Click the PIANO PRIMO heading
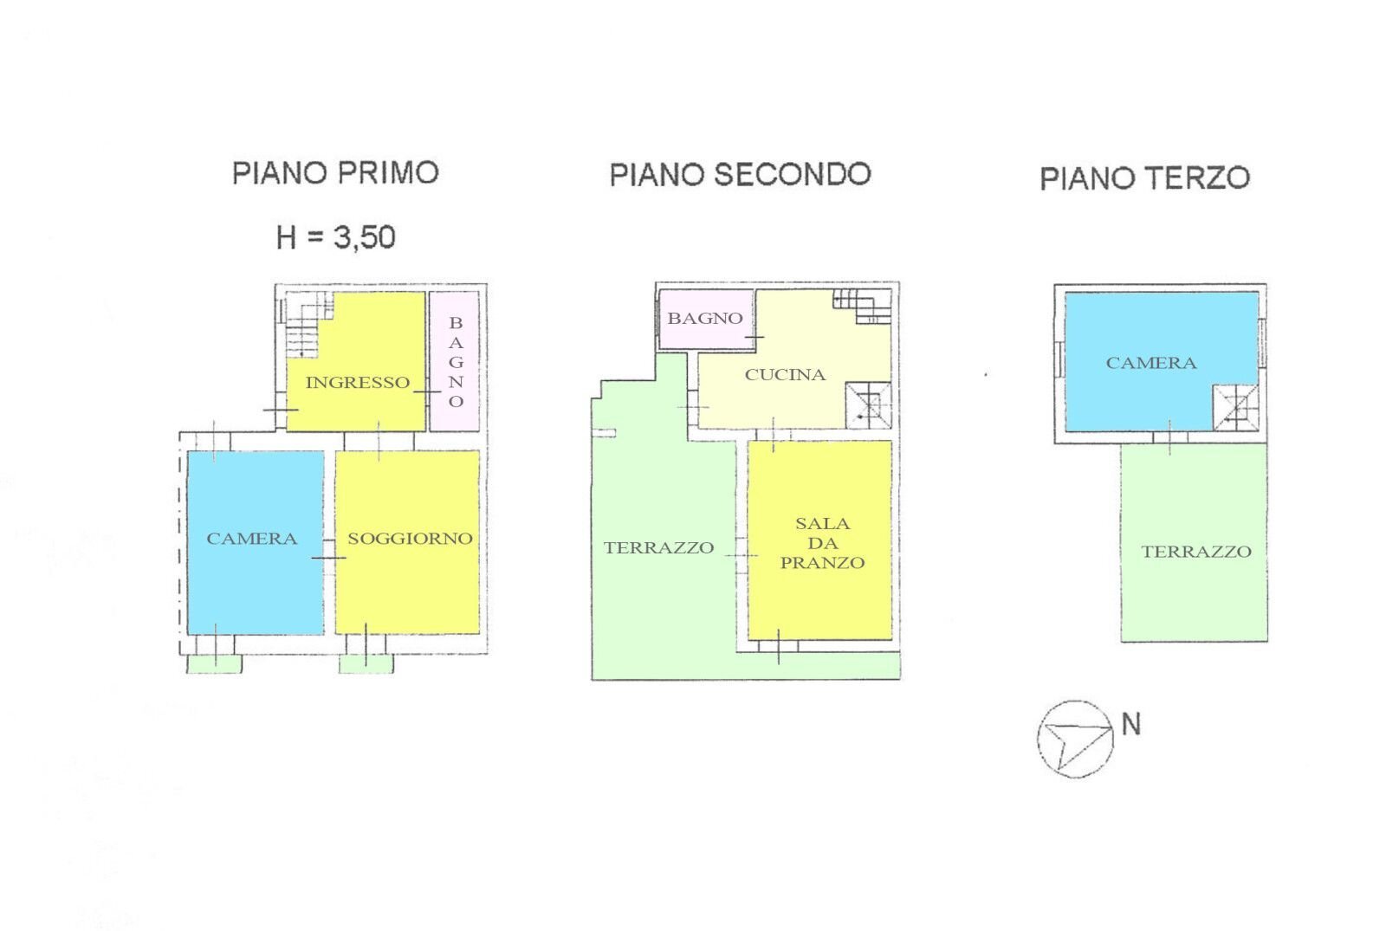click(335, 172)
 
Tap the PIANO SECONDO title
click(740, 174)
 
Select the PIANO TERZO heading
click(1144, 178)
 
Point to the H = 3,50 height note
click(336, 236)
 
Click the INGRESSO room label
click(357, 382)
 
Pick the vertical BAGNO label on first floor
click(456, 361)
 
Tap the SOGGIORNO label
click(410, 538)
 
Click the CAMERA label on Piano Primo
click(251, 538)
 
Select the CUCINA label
click(785, 374)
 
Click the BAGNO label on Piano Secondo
click(704, 318)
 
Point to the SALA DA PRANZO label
click(822, 543)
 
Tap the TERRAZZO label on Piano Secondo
click(658, 547)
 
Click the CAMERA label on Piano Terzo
click(1150, 363)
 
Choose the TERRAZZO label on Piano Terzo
click(1195, 551)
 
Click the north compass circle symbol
click(1075, 738)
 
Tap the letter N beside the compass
click(1130, 723)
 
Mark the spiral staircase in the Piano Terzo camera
click(1235, 407)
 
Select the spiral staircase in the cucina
click(868, 404)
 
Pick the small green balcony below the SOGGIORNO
click(366, 663)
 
